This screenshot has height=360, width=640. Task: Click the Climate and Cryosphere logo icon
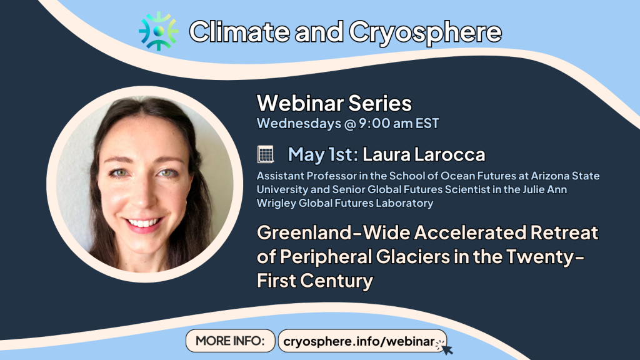158,31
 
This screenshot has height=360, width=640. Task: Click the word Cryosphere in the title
425,32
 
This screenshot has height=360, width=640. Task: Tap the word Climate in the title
239,31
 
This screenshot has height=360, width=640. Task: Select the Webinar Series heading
334,103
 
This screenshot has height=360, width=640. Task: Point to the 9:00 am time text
386,123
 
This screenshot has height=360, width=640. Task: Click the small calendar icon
265,154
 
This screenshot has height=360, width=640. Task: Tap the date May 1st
323,154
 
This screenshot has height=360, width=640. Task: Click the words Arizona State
565,176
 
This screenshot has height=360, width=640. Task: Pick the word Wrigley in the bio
276,203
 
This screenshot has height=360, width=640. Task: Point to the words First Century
315,281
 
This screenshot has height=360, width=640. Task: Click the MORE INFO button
230,341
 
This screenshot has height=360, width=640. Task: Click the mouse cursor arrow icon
446,349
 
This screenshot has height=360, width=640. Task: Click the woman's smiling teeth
143,223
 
